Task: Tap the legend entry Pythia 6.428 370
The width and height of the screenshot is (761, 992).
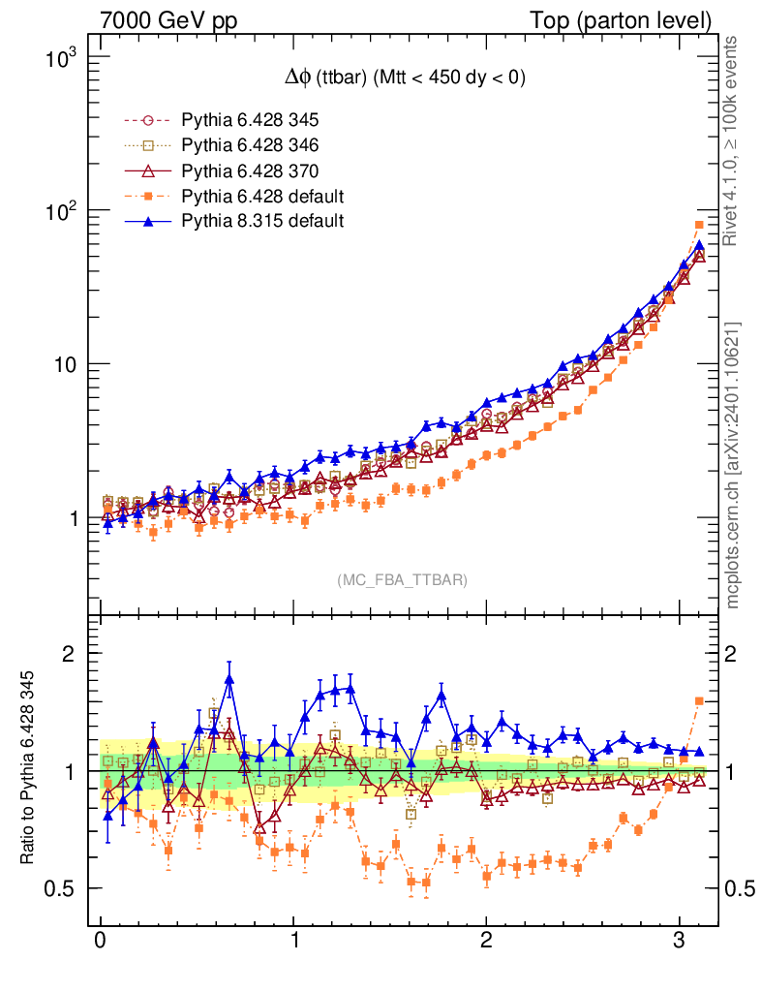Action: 250,171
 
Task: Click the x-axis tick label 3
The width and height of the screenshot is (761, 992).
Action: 680,942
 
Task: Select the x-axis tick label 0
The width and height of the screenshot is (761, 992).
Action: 101,942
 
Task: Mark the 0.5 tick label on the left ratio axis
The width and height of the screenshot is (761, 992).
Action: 60,888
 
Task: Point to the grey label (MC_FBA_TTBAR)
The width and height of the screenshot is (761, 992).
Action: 402,580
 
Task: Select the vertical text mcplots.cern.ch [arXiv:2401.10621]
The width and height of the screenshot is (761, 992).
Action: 733,465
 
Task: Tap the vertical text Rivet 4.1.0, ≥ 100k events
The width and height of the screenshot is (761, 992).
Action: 733,140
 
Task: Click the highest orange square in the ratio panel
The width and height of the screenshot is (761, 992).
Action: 699,700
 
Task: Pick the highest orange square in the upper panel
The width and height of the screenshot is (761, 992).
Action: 699,225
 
